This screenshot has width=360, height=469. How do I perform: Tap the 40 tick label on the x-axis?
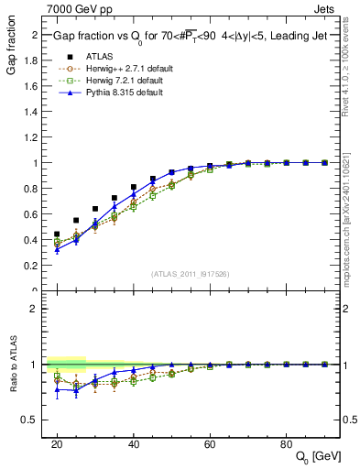(134, 443)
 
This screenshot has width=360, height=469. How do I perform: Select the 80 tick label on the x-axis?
(287, 443)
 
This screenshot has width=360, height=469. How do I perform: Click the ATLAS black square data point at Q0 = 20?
(57, 234)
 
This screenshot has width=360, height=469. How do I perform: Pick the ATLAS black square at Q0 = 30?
(95, 209)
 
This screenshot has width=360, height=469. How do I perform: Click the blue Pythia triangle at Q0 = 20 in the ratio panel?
(57, 389)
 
